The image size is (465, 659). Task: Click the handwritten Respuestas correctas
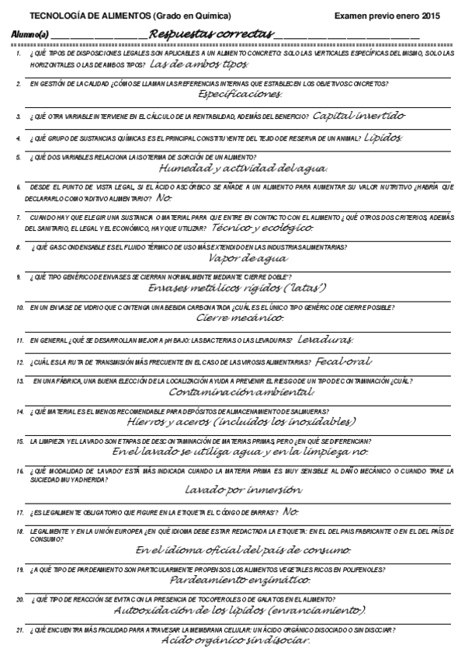(x=210, y=34)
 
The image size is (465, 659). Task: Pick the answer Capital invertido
(x=359, y=116)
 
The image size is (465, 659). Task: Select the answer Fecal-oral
(x=344, y=361)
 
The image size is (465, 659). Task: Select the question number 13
(x=19, y=382)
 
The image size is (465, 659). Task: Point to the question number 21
(x=19, y=629)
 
